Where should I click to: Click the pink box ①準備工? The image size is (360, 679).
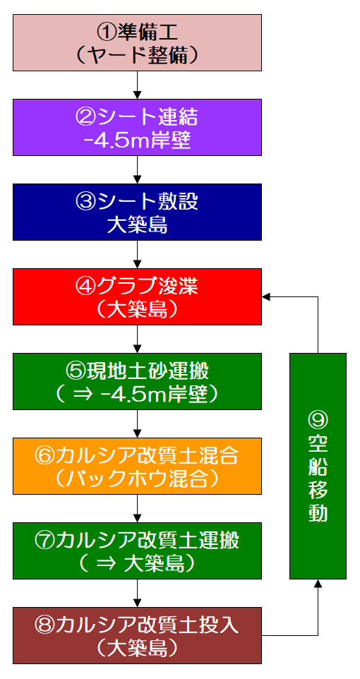point(138,42)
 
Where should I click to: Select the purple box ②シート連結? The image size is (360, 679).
point(138,127)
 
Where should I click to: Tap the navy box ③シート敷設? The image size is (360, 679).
point(138,212)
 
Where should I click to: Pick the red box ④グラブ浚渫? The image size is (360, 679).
point(138,296)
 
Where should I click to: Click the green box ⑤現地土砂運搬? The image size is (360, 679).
point(138,381)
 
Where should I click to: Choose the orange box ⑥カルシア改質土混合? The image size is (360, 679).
point(138,466)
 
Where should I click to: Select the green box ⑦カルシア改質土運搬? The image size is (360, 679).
point(138,551)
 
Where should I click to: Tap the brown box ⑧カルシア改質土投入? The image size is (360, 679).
point(138,635)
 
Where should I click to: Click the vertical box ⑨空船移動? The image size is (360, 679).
point(318,466)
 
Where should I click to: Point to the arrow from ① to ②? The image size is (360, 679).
point(138,85)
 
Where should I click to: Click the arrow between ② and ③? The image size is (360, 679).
point(138,169)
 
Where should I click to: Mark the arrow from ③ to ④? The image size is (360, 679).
point(138,254)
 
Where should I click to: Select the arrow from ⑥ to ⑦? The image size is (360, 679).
point(138,508)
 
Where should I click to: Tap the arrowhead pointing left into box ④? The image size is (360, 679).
point(265,296)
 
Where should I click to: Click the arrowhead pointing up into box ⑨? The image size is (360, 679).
point(318,583)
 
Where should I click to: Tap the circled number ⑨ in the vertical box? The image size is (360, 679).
point(318,418)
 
